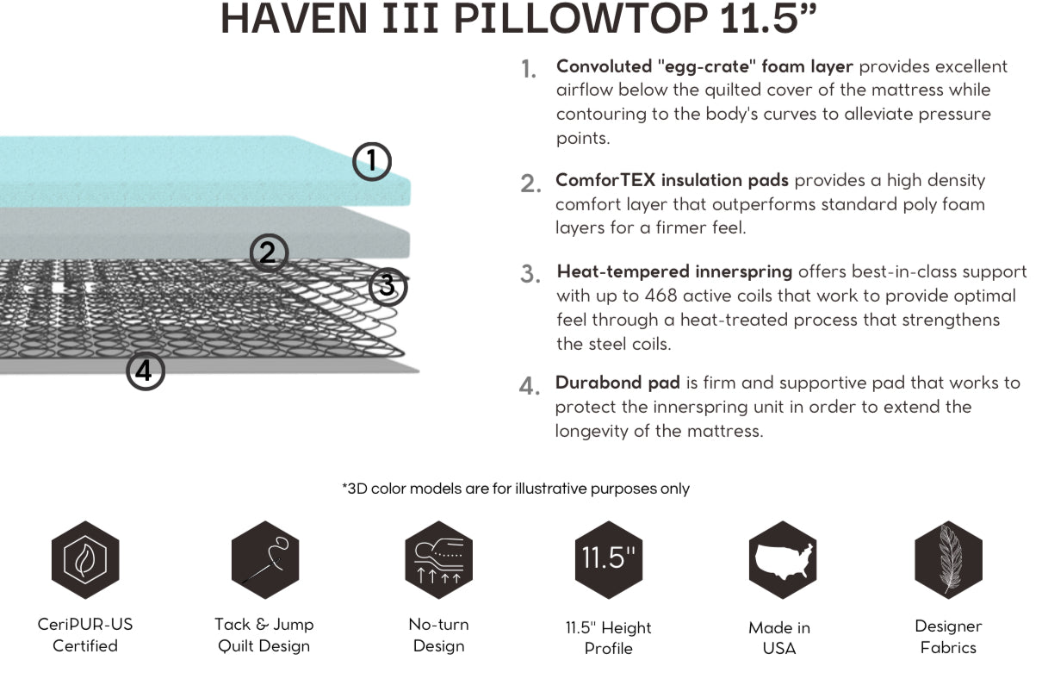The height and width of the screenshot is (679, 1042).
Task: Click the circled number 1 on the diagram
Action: [x=372, y=161]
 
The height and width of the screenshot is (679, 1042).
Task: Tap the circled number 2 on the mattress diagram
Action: [x=269, y=252]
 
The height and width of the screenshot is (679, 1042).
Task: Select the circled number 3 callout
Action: [x=388, y=286]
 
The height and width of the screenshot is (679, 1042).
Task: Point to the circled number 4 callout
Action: [x=146, y=371]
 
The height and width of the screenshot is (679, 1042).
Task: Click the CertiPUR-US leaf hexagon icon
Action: [x=85, y=560]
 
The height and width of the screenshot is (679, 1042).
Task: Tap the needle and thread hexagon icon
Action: [x=265, y=560]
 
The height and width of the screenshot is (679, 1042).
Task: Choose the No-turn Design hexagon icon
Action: [x=439, y=560]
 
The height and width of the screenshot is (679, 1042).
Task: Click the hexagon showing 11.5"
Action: [x=609, y=560]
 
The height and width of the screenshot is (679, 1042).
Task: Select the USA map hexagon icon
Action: [x=782, y=560]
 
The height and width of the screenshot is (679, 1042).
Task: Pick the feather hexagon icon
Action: [x=948, y=560]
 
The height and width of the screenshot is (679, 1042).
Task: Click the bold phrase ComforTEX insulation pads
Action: [x=672, y=180]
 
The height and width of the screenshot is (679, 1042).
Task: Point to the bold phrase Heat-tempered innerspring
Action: [x=674, y=271]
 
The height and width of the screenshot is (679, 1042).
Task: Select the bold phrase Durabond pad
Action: [x=617, y=382]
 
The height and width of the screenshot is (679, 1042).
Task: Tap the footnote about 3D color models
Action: [x=516, y=489]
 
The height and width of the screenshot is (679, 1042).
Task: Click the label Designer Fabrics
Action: [x=948, y=637]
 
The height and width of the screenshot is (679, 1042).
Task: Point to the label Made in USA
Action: [x=779, y=638]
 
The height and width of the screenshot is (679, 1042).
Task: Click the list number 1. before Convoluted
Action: [x=529, y=69]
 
